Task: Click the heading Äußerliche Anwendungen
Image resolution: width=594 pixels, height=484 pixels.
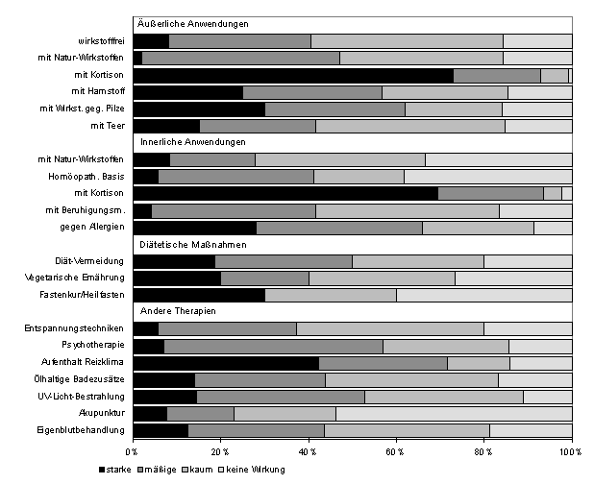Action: coord(195,23)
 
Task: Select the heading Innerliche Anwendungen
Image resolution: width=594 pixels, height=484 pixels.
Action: coord(193,142)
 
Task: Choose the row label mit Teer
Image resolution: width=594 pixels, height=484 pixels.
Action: coord(107,126)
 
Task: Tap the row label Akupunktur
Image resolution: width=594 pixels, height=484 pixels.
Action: coord(100,413)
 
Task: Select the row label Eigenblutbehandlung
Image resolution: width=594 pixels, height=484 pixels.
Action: coord(85,430)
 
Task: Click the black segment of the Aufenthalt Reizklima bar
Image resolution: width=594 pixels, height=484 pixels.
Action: coord(226,363)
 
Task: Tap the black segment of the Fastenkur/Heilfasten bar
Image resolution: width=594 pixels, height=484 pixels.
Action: coord(199,295)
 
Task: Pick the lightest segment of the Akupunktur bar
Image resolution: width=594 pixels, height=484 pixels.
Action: coord(453,414)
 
